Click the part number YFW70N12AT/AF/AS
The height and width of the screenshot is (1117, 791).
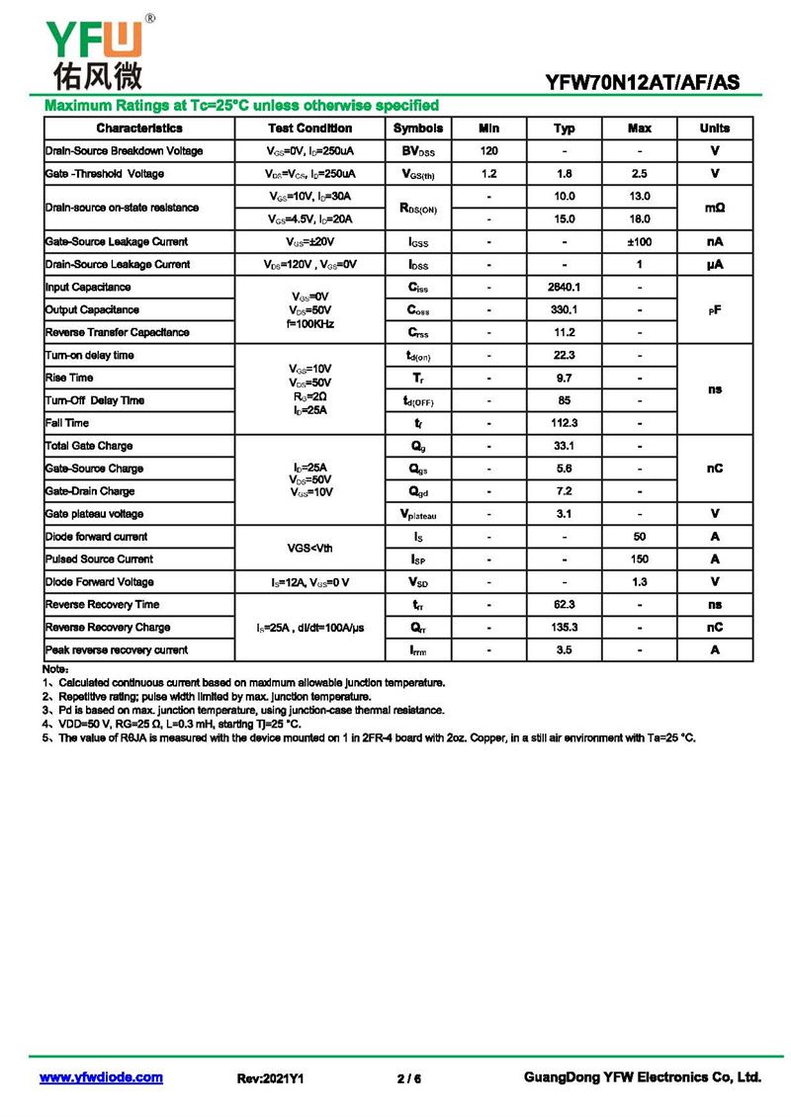pyautogui.click(x=642, y=83)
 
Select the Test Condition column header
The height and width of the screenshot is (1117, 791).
pyautogui.click(x=309, y=129)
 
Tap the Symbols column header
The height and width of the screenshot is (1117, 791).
pyautogui.click(x=418, y=129)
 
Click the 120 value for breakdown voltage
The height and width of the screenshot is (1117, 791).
pyautogui.click(x=488, y=151)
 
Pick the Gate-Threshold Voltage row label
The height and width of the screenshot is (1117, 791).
pyautogui.click(x=105, y=174)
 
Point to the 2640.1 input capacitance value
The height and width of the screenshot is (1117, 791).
pyautogui.click(x=564, y=288)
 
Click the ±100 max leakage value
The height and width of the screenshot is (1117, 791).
pyautogui.click(x=639, y=242)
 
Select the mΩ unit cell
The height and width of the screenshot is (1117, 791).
pyautogui.click(x=715, y=208)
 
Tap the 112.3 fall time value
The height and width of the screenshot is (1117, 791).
pyautogui.click(x=564, y=423)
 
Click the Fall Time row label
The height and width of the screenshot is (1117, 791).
pyautogui.click(x=67, y=423)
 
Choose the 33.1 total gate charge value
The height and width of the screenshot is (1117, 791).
pyautogui.click(x=564, y=446)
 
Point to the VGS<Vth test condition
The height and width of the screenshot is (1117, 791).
pyautogui.click(x=309, y=548)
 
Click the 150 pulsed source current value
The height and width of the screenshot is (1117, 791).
pyautogui.click(x=639, y=559)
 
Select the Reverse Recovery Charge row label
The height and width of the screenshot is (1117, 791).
pyautogui.click(x=108, y=628)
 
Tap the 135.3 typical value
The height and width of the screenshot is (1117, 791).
pyautogui.click(x=564, y=628)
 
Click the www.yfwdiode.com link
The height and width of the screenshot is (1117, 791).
pyautogui.click(x=101, y=1077)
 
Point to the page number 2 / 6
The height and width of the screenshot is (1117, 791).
pyautogui.click(x=409, y=1078)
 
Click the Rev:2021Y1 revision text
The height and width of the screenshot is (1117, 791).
pyautogui.click(x=270, y=1078)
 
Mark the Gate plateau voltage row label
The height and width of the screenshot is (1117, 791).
pyautogui.click(x=94, y=514)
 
